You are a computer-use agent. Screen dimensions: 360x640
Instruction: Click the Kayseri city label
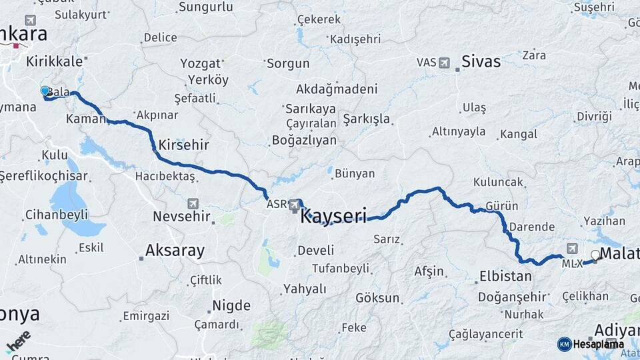tap(333, 217)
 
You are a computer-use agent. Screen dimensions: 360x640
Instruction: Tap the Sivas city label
tap(481, 62)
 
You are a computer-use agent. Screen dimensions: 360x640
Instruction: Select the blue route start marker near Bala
tap(45, 91)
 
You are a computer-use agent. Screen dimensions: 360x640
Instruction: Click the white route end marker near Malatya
tap(595, 254)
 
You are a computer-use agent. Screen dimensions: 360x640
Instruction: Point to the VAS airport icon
tap(445, 62)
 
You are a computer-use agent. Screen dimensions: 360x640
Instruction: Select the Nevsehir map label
tap(181, 217)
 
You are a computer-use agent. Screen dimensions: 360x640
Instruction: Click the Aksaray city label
tap(175, 251)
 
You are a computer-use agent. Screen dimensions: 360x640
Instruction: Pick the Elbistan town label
tap(505, 277)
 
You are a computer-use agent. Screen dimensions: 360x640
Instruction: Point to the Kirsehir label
tap(184, 145)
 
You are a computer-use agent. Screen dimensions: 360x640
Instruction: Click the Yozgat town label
tap(200, 64)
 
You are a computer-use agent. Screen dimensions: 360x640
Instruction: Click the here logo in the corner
tap(18, 341)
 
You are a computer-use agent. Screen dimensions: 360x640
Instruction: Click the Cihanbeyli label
tap(56, 215)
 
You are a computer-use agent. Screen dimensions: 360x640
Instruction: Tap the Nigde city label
tap(231, 306)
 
